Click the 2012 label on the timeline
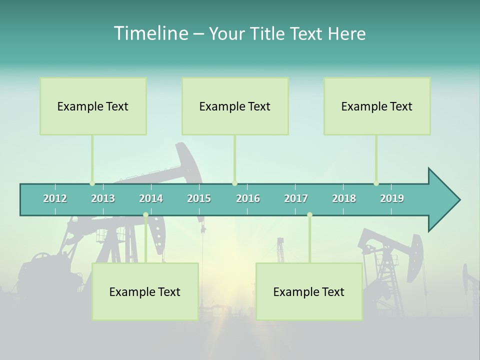tap(55, 198)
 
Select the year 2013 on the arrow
tap(103, 198)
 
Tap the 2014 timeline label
tap(151, 198)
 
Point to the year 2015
tap(199, 198)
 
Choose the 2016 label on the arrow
tap(248, 198)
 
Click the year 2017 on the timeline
tap(296, 198)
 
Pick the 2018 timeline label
tap(344, 198)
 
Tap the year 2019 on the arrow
tap(392, 198)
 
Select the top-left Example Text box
tap(93, 106)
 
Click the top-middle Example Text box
tap(235, 106)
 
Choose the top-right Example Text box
tap(377, 106)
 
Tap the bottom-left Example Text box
tap(145, 291)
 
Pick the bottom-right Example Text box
tap(309, 291)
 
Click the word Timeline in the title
tap(150, 33)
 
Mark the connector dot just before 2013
tap(92, 183)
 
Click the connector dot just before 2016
tap(234, 183)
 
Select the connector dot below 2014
tap(145, 215)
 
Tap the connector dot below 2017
tap(309, 215)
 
